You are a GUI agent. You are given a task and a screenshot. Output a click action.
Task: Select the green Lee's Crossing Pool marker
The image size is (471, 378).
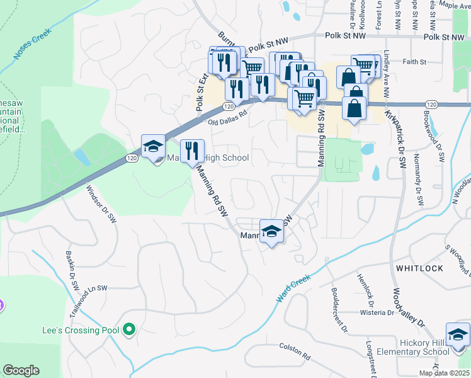[x=129, y=329]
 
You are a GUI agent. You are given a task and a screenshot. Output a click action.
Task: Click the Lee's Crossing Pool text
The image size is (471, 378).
[x=79, y=330]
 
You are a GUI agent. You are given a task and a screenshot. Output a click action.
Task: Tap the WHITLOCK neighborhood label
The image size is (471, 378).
[x=419, y=268]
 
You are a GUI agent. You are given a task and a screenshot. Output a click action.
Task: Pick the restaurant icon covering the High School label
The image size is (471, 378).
[x=193, y=151]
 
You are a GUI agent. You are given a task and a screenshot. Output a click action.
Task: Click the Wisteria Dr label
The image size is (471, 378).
[x=377, y=312]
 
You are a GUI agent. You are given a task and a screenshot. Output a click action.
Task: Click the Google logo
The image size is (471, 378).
[x=21, y=370]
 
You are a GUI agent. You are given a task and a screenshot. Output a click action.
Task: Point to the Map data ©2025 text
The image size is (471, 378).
[x=444, y=373]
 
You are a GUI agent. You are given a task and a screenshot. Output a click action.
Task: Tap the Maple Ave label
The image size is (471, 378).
[x=455, y=5]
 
